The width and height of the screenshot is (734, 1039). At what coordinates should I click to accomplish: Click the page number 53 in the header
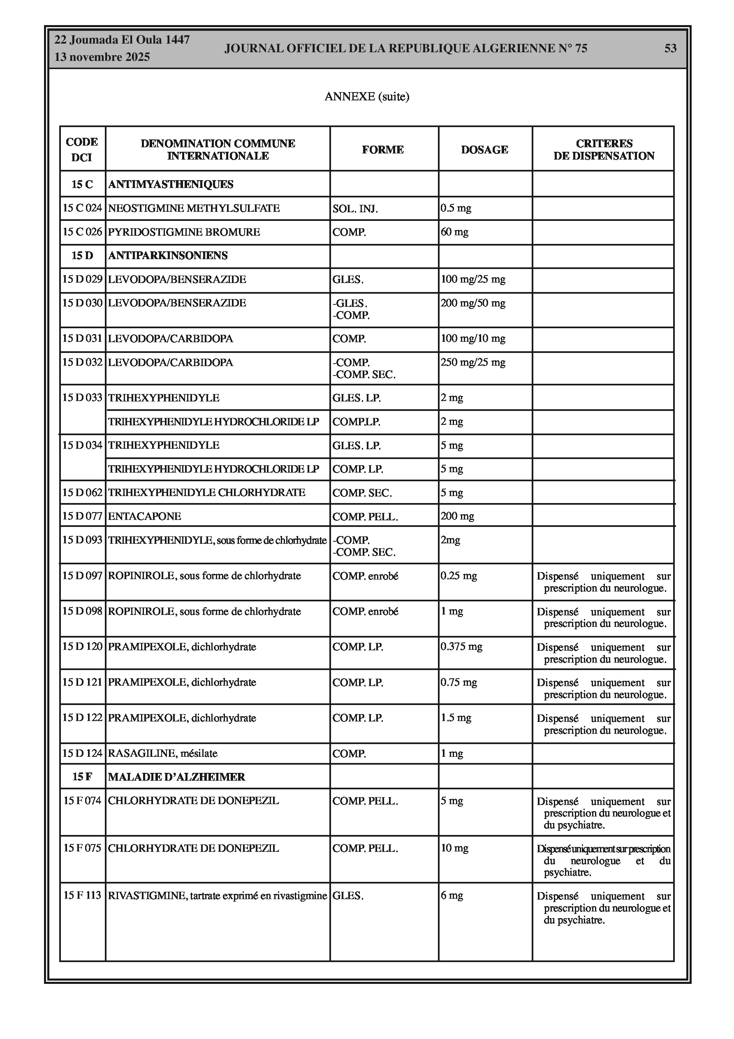click(670, 49)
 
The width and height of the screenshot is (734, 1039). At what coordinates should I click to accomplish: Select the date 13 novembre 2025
click(102, 58)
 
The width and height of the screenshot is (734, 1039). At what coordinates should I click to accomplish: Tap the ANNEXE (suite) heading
click(366, 96)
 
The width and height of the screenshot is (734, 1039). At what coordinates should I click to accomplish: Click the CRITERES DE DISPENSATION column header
click(604, 150)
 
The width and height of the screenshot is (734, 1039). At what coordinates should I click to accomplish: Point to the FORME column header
click(382, 150)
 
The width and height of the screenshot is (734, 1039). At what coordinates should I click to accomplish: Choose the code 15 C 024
click(82, 208)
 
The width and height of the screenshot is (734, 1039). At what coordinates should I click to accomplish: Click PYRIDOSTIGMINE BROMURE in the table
click(184, 232)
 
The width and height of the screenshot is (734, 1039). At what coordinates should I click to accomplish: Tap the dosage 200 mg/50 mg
click(473, 303)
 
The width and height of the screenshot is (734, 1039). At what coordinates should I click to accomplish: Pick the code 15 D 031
click(82, 339)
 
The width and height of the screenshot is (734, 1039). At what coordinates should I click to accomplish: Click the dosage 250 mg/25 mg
click(473, 362)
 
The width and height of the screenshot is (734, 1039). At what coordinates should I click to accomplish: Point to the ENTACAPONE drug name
click(144, 516)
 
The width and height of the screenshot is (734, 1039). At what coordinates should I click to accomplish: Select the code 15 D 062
click(82, 492)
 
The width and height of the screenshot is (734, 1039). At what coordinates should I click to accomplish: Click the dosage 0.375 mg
click(462, 647)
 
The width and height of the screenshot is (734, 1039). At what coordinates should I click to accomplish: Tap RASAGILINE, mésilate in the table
click(162, 754)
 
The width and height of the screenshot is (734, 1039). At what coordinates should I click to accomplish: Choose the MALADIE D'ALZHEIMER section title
click(176, 777)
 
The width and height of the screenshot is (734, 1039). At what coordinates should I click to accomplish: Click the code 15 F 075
click(82, 848)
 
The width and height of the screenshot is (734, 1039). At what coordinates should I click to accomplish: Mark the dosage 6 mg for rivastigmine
click(452, 895)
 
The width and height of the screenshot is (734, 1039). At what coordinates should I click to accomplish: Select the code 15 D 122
click(82, 718)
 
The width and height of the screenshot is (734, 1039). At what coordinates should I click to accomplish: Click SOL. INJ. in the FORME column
click(355, 209)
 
